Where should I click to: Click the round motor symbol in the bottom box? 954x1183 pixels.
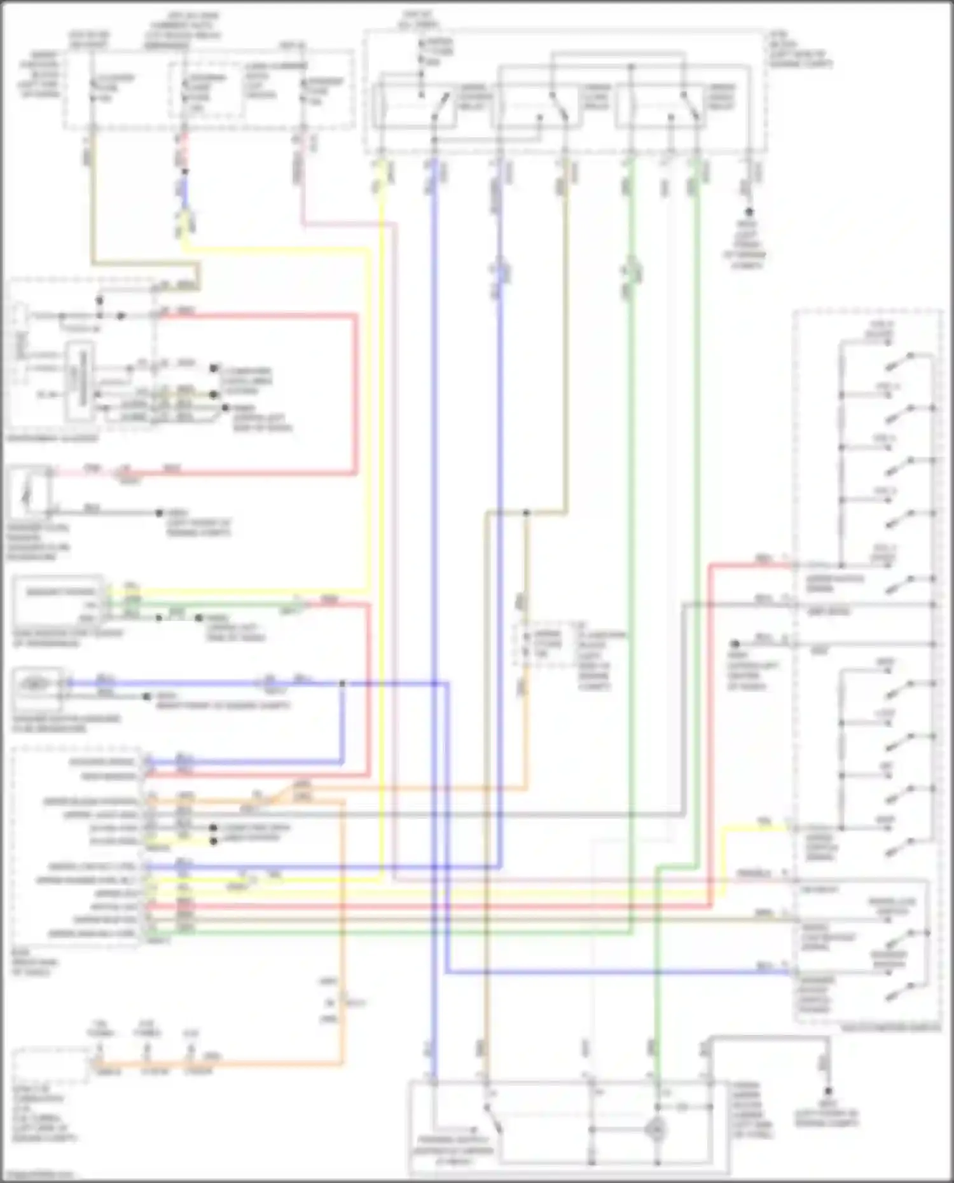[x=655, y=1130]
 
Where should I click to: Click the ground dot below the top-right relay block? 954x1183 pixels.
[x=749, y=212]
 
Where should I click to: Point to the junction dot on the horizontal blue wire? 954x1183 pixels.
[x=342, y=684]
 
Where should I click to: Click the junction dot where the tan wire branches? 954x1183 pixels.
[x=526, y=512]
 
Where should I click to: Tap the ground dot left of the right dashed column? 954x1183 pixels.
[x=734, y=643]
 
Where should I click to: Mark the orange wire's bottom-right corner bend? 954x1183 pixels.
[x=342, y=1063]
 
